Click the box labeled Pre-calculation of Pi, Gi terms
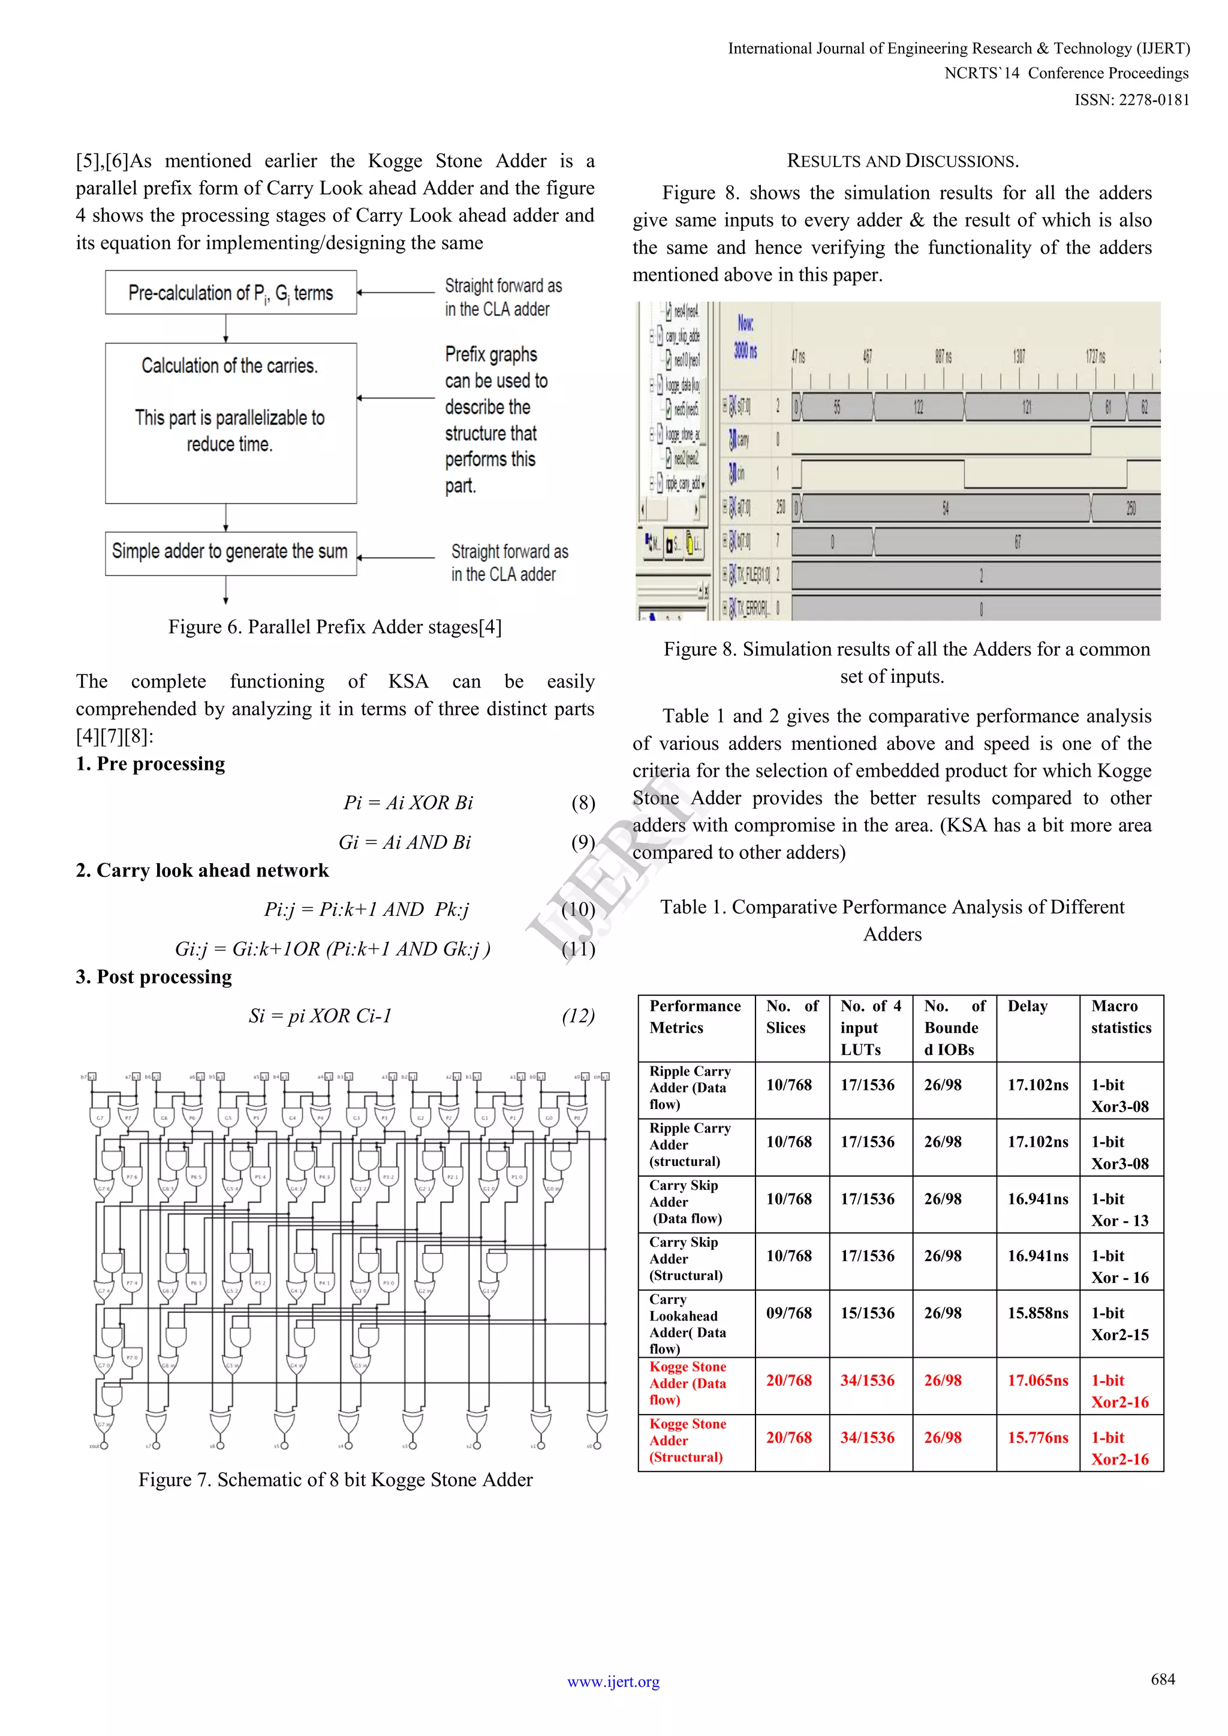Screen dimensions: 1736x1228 (x=231, y=293)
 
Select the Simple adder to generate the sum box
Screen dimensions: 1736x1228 (x=231, y=552)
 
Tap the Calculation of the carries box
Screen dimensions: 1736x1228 (x=231, y=423)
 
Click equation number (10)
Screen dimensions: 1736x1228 (x=579, y=909)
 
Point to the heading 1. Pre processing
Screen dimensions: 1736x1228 (x=151, y=764)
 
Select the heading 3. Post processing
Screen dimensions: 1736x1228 (x=153, y=977)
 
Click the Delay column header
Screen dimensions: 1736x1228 (x=1027, y=1006)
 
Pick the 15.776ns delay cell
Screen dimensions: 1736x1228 (x=1037, y=1437)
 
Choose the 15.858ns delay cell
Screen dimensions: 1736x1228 (x=1037, y=1313)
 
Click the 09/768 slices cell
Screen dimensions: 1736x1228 (x=788, y=1313)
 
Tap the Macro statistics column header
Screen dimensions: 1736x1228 (x=1121, y=1017)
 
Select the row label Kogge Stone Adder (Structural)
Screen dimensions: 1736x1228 (x=687, y=1440)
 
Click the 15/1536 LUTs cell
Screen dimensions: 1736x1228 (x=867, y=1313)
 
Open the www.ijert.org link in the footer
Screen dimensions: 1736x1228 (x=613, y=1681)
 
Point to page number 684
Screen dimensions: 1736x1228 (x=1162, y=1679)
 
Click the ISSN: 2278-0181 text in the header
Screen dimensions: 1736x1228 (x=1131, y=100)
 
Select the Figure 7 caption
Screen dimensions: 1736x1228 (x=335, y=1479)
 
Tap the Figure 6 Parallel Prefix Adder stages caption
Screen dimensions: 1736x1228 (x=335, y=627)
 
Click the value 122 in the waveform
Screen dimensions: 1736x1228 (x=918, y=408)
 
